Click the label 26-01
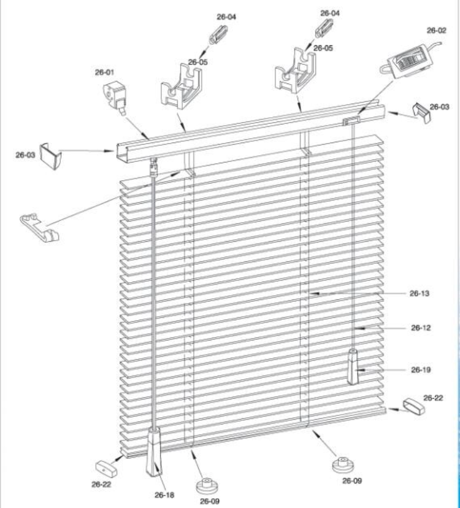pyautogui.click(x=105, y=72)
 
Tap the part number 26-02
pyautogui.click(x=437, y=29)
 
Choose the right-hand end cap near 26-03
pyautogui.click(x=423, y=113)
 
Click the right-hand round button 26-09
pyautogui.click(x=340, y=464)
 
